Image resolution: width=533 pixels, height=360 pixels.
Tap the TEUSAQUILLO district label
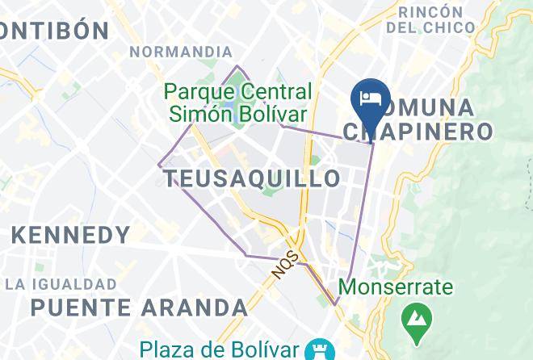click(x=253, y=178)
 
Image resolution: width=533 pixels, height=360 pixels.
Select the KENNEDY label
click(x=71, y=236)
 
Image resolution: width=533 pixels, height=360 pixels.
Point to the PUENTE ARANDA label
click(x=139, y=308)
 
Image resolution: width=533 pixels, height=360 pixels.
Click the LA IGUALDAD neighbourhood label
click(x=61, y=284)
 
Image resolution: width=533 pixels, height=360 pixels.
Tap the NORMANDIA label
click(x=181, y=52)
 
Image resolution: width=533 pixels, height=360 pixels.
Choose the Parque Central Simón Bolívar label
click(x=239, y=102)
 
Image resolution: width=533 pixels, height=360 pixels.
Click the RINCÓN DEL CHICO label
click(x=430, y=19)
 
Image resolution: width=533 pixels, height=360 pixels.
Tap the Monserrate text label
click(x=396, y=287)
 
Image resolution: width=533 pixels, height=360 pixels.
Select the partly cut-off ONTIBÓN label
click(x=55, y=31)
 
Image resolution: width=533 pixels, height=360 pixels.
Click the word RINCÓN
click(x=430, y=11)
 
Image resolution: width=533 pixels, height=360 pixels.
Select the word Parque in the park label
click(x=200, y=89)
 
